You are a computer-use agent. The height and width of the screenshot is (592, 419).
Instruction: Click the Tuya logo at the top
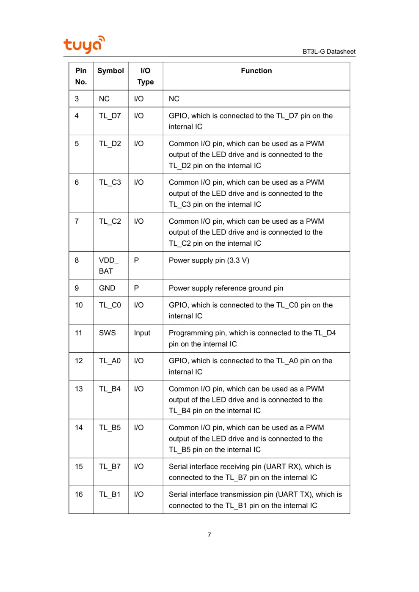click(x=84, y=44)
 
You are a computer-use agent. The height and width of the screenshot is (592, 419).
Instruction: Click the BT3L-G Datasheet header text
click(x=329, y=52)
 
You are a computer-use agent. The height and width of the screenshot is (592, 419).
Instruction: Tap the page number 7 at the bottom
click(x=209, y=535)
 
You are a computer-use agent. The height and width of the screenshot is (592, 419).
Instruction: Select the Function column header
click(x=256, y=71)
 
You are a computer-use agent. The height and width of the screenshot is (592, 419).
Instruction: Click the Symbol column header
click(x=110, y=71)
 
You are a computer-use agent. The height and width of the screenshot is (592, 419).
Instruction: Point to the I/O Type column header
click(x=145, y=77)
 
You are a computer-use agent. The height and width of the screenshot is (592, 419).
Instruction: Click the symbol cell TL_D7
click(x=110, y=116)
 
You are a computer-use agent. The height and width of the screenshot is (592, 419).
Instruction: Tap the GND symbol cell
click(x=107, y=288)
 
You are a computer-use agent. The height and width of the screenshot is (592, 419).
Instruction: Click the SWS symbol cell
click(x=108, y=333)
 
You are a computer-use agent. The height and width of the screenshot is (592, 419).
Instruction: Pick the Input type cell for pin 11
click(x=142, y=333)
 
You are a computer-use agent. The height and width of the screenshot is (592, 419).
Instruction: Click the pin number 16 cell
click(x=79, y=495)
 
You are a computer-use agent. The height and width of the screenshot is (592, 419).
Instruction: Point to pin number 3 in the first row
click(x=77, y=99)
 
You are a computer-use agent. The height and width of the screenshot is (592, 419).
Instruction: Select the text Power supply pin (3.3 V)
click(x=209, y=260)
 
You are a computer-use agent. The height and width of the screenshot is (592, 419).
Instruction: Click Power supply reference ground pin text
click(x=226, y=288)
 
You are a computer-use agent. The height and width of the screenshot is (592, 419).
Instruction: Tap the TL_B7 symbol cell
click(x=110, y=467)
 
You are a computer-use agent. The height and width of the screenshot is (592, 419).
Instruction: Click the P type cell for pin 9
click(x=136, y=288)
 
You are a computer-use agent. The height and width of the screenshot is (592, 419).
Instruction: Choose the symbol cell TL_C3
click(x=110, y=183)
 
